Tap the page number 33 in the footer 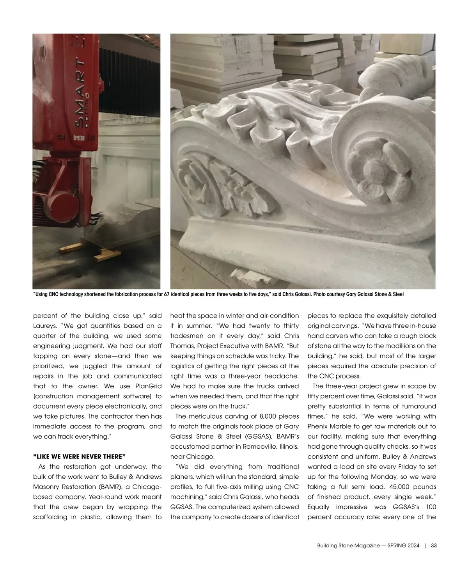click(434, 546)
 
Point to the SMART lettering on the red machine click(80, 96)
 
